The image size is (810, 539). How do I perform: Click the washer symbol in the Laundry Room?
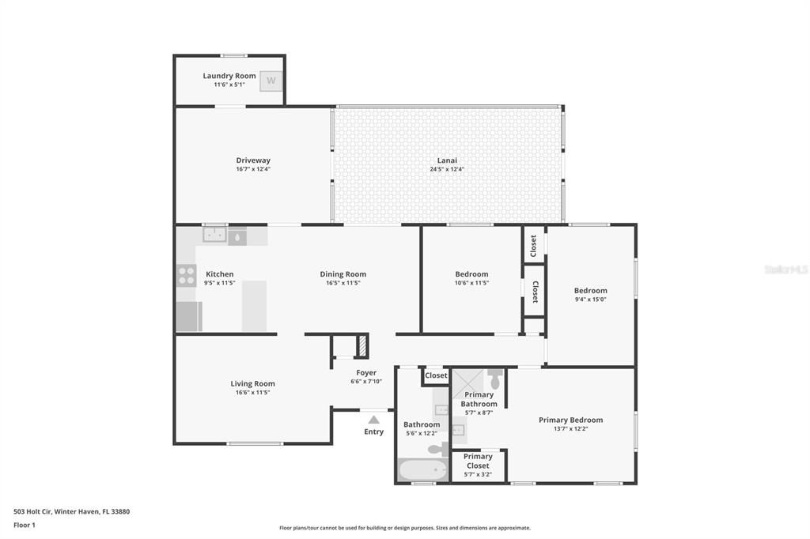coord(271,81)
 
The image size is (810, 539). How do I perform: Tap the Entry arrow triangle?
coord(373,420)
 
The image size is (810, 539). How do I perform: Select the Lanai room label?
coord(447,160)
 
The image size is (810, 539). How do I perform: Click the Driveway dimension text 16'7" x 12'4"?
coord(252,169)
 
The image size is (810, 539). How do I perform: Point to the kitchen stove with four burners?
coord(187,275)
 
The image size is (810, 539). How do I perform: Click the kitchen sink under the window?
coord(214,236)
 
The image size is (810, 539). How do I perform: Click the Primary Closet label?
coord(478,461)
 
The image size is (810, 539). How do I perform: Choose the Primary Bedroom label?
coord(570,420)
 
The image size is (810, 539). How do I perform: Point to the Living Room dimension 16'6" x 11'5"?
coord(252,393)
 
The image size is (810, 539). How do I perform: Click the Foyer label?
coord(366,372)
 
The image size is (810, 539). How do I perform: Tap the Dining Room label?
coord(343,274)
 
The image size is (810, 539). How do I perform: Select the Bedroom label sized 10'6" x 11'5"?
coord(471,274)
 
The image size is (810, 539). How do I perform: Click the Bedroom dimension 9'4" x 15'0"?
coord(590,300)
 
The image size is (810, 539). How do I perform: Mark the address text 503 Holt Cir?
coord(71,511)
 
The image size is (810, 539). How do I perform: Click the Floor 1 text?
coord(25,525)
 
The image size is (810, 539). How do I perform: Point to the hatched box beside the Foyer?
coord(362,346)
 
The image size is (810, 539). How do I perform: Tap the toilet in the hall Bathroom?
coord(437,449)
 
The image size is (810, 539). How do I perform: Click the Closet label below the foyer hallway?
coord(436,375)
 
